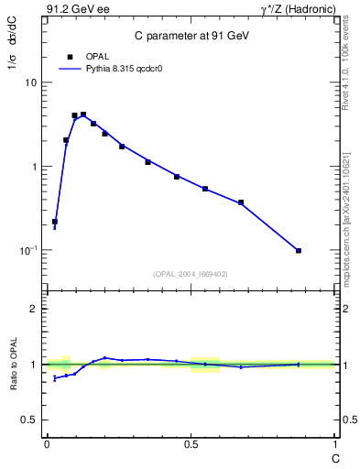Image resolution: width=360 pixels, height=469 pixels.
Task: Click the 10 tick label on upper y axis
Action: coord(30,82)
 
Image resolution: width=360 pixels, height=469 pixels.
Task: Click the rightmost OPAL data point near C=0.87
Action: coord(299,250)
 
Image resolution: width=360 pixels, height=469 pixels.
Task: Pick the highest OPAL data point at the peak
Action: coord(83,115)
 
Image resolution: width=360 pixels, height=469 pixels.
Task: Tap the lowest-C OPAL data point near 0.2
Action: coord(55,222)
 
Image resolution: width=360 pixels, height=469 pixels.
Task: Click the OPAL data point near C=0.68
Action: coord(241,202)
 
